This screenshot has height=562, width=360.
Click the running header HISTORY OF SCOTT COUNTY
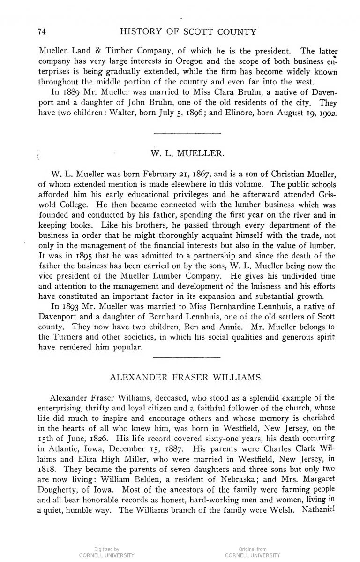click(x=188, y=32)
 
